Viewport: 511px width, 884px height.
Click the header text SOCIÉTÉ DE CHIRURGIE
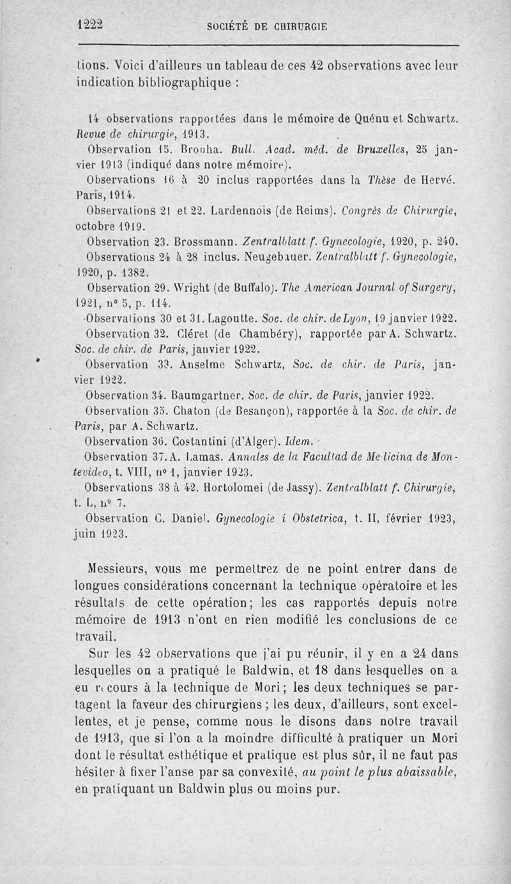(x=267, y=27)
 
